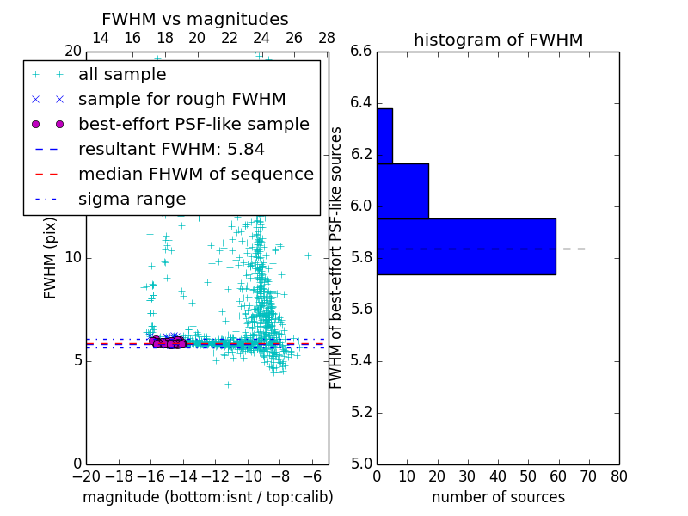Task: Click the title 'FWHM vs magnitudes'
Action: (195, 19)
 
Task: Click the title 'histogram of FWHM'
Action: (498, 40)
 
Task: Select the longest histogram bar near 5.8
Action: (466, 247)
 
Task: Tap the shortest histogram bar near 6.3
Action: (384, 136)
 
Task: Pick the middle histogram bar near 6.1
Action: (402, 191)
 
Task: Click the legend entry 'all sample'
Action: (122, 75)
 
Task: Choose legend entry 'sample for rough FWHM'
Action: (181, 99)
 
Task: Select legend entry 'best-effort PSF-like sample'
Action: (193, 124)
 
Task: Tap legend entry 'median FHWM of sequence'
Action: (195, 174)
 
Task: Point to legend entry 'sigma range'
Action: (132, 199)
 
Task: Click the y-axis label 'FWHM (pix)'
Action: (51, 257)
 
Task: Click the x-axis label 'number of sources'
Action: (498, 497)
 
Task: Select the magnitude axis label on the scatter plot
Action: (207, 497)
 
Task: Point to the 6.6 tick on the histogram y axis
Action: (361, 52)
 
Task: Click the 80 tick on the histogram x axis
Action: (618, 476)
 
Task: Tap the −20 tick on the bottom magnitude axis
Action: (86, 476)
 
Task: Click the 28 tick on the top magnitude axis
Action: (327, 38)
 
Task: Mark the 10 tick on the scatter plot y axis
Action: (73, 257)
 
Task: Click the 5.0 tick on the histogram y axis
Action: (361, 464)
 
